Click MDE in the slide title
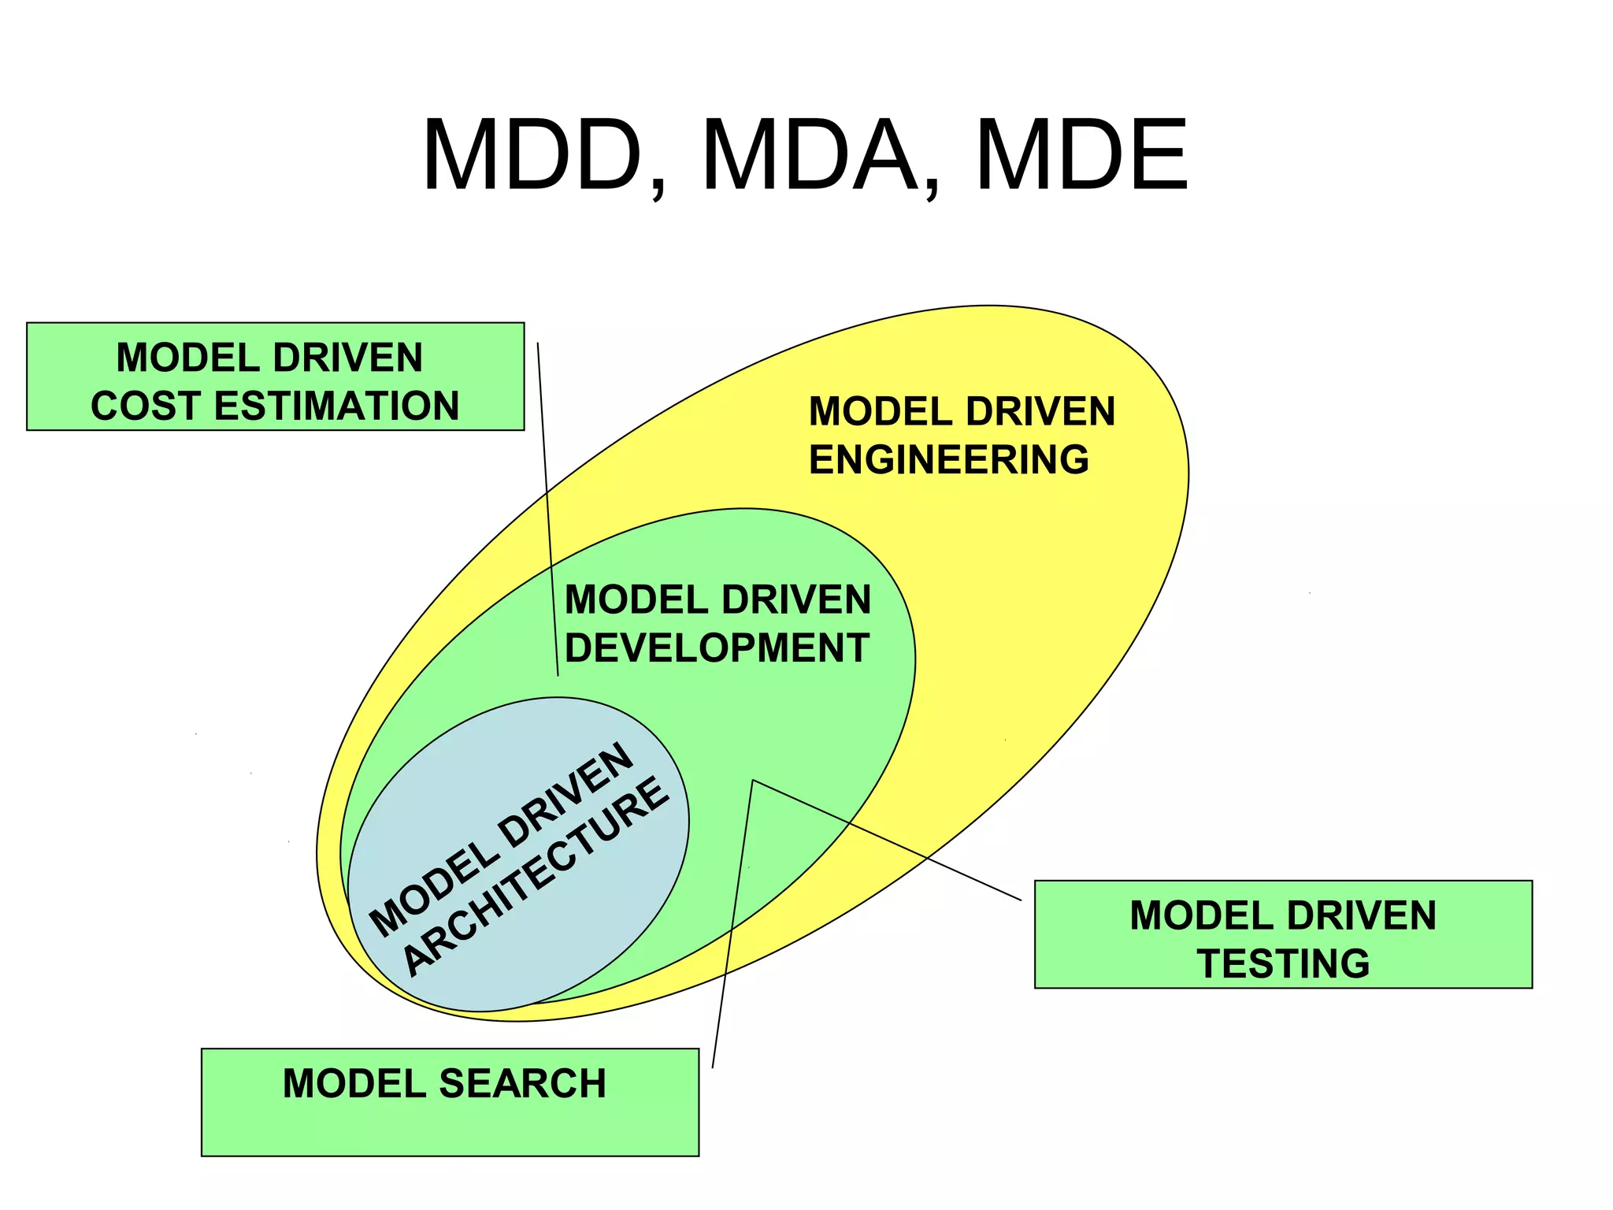pyautogui.click(x=1081, y=155)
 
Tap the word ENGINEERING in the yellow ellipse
pyautogui.click(x=949, y=460)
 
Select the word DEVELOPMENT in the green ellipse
pyautogui.click(x=717, y=648)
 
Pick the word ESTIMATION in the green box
pyautogui.click(x=336, y=406)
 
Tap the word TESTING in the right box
pyautogui.click(x=1283, y=964)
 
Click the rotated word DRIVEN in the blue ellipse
pyautogui.click(x=565, y=796)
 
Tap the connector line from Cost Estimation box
pyautogui.click(x=547, y=504)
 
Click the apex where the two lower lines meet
pyautogui.click(x=753, y=781)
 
